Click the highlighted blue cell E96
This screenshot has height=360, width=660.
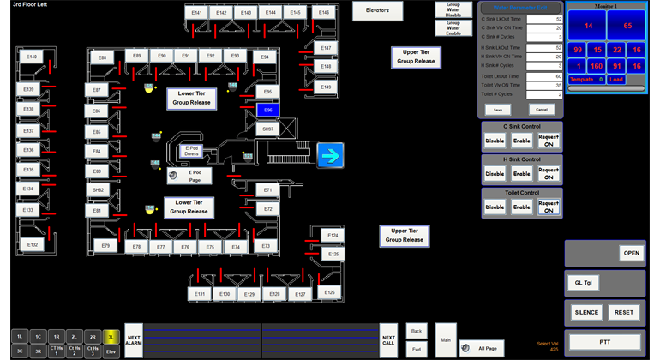point(267,111)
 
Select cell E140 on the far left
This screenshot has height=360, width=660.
point(32,57)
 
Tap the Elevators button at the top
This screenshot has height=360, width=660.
point(378,11)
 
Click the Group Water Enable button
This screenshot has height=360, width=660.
point(453,28)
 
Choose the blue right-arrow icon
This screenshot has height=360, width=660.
point(330,155)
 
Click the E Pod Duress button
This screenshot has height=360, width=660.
point(192,151)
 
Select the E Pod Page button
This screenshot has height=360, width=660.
point(195,176)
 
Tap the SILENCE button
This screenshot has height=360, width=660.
point(586,313)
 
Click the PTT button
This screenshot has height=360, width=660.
point(605,341)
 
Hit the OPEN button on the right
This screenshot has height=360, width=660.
point(632,253)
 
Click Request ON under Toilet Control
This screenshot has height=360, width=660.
point(549,207)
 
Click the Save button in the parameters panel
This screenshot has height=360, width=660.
point(496,110)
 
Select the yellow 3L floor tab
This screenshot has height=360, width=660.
point(111,337)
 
